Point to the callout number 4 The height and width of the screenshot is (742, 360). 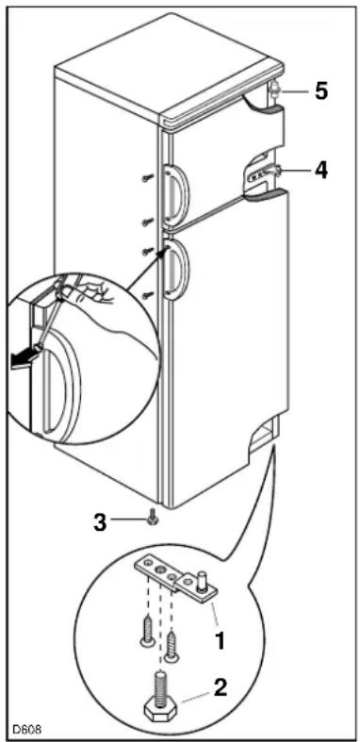pyautogui.click(x=321, y=171)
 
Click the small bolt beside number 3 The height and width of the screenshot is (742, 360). pyautogui.click(x=154, y=518)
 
